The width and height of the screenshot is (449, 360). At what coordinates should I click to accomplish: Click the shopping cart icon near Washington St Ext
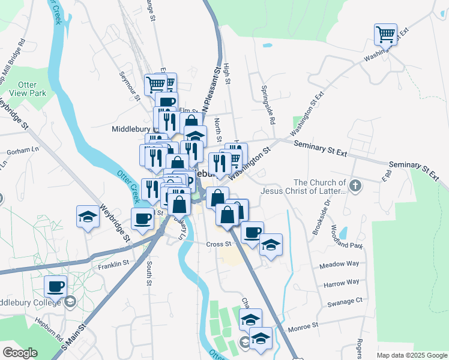[x=386, y=34]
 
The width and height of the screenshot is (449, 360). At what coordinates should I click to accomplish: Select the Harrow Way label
[x=341, y=282]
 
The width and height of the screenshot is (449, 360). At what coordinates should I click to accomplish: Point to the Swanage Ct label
[x=345, y=301]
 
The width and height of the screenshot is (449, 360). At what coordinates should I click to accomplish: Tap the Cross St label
[x=218, y=244]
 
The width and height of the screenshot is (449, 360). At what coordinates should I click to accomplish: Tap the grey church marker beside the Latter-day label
[x=355, y=185]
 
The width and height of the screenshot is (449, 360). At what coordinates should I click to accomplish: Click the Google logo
[x=20, y=353]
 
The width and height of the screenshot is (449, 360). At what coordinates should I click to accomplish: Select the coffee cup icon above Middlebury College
[x=56, y=287]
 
